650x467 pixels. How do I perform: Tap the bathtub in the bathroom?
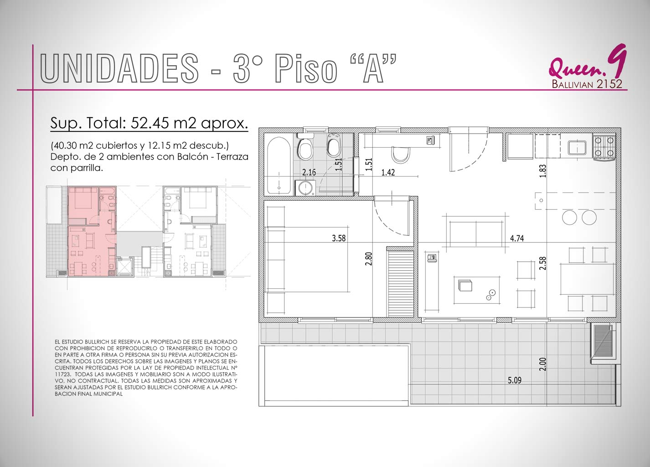279,166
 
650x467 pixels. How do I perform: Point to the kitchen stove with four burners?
604,147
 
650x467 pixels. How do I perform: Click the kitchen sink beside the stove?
577,147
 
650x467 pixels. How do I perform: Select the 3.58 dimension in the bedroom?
339,239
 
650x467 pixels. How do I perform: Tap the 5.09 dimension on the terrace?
515,380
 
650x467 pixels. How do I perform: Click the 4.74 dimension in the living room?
517,239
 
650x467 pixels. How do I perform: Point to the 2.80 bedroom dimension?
368,259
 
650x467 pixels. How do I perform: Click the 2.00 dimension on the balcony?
542,364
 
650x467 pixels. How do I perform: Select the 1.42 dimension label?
388,172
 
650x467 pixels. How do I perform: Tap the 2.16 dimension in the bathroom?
309,172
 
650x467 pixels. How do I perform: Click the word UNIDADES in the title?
119,68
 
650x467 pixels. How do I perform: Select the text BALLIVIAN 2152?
587,84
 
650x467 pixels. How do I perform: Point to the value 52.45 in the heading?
150,123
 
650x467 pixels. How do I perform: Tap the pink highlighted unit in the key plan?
92,231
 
